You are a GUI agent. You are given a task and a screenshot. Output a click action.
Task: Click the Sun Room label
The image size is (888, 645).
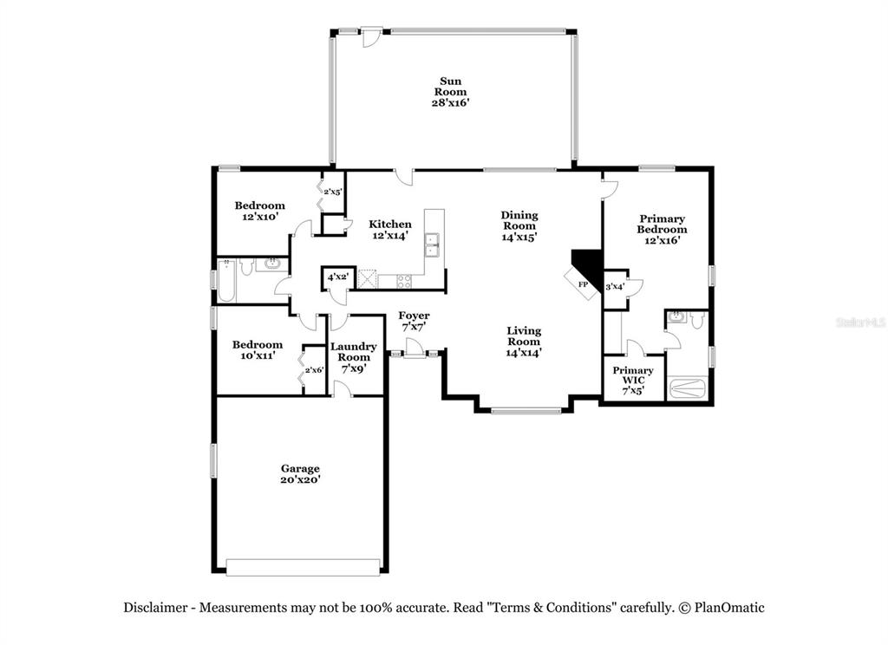[x=451, y=92]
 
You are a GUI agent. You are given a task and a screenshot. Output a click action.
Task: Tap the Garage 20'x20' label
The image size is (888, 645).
[x=300, y=473]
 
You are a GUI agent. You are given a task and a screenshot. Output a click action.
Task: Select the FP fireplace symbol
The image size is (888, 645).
[x=582, y=283]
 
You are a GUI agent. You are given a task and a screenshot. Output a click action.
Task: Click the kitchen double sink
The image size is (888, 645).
[x=433, y=244]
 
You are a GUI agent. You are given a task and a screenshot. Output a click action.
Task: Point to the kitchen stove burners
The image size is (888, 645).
[x=404, y=281]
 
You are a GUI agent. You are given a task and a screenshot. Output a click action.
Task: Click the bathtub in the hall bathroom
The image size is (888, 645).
[x=226, y=280]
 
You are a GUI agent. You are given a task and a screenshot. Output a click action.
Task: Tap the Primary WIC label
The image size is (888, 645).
[x=632, y=380]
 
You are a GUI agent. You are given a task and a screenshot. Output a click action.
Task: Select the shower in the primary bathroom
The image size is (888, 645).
[x=687, y=388]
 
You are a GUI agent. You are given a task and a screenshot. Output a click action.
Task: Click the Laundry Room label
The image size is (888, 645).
[x=354, y=357]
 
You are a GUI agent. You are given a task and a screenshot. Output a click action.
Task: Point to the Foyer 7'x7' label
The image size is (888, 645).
[x=414, y=321]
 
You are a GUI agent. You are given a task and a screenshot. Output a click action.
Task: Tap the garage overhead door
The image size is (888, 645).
[x=303, y=568]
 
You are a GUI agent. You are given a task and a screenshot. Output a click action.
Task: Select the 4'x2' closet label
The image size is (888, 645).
[x=338, y=277]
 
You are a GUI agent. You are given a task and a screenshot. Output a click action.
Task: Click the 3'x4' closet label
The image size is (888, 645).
[x=615, y=287]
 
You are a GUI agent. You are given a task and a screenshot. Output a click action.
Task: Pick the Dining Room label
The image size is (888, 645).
[x=519, y=225]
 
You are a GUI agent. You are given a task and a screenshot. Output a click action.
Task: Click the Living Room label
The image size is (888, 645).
[x=524, y=341]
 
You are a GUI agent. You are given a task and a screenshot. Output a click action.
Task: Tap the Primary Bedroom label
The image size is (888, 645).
[x=662, y=229]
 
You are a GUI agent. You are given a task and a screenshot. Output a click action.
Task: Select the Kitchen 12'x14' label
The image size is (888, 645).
[x=390, y=230]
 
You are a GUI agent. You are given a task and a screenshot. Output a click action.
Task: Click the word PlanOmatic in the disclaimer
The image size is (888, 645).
[x=729, y=608]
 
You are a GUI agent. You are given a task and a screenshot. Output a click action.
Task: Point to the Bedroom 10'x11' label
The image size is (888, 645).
[x=257, y=349]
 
